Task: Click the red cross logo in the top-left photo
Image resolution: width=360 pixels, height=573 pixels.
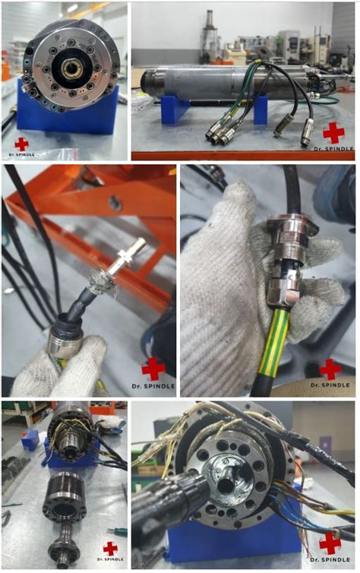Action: pos(21,144)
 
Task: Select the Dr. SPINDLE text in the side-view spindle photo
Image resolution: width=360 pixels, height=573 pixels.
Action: pos(334,149)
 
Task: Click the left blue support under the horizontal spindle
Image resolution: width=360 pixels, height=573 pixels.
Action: pos(175,109)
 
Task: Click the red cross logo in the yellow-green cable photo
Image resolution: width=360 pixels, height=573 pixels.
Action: pos(330,369)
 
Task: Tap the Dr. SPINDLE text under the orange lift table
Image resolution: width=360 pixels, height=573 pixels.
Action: pos(153,386)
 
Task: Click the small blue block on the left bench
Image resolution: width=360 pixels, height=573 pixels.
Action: pos(30,439)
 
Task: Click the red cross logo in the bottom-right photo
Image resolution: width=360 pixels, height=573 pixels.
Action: pos(330,543)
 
